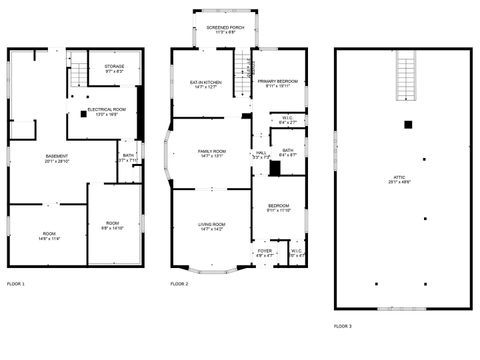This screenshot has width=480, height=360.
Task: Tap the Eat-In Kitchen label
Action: pos(209,84)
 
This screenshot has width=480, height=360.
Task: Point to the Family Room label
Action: pos(210,153)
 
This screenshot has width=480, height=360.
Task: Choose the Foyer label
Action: pos(264,253)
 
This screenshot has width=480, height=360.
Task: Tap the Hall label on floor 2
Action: pos(261,155)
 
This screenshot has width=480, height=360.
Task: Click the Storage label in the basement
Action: pos(115,69)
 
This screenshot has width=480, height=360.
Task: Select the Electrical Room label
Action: pos(106,111)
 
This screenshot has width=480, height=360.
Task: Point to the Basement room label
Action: pos(57,158)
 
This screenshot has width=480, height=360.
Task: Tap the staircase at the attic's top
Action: pos(405,78)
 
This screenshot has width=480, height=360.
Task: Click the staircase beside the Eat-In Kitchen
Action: pos(241,70)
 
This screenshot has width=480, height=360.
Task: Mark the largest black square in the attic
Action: pos(408,125)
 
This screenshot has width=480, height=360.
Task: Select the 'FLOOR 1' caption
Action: pos(16,285)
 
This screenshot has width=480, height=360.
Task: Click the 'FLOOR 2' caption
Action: pos(179,285)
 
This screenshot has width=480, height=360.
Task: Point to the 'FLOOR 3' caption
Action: pos(344,326)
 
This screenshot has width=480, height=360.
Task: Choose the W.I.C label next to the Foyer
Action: pos(296,253)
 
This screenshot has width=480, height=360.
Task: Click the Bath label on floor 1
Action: pos(128,157)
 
